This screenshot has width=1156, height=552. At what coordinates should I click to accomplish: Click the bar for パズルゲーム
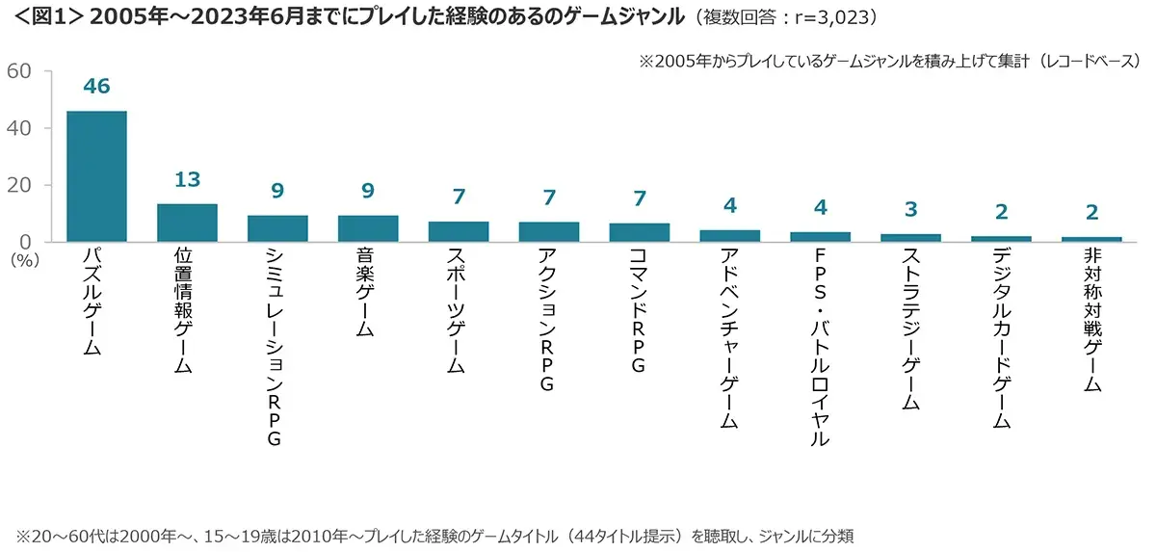click(96, 176)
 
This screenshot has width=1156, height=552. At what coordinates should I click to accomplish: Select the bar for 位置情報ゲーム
click(187, 223)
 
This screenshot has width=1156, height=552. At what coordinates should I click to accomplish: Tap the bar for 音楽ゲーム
click(368, 228)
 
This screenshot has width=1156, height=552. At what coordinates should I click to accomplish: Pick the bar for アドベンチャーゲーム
click(730, 235)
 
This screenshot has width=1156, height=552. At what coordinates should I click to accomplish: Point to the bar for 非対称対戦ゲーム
click(1092, 238)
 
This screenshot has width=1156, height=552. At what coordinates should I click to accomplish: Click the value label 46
click(96, 87)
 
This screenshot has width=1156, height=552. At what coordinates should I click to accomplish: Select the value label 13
click(187, 180)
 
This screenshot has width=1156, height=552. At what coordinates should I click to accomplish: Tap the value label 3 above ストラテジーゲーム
click(911, 209)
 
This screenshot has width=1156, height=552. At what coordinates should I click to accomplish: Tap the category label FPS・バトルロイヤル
click(821, 348)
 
